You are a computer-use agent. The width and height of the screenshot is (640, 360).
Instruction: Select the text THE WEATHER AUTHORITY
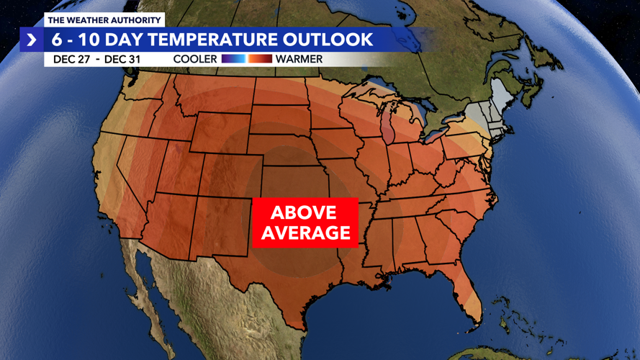point(104,20)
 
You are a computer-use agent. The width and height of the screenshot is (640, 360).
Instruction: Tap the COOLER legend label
point(195,58)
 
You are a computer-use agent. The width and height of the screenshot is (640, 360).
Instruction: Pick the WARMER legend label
point(297,58)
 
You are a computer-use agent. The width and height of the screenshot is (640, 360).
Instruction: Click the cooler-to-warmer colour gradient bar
point(246,58)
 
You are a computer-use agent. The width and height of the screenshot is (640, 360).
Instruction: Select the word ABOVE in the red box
point(303,213)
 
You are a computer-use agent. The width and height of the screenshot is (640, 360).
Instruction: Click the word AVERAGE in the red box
point(305,233)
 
